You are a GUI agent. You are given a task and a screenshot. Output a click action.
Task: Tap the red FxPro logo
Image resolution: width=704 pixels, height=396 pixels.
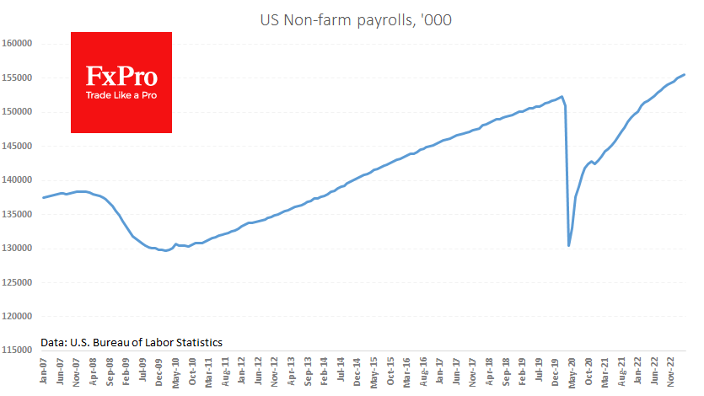pyautogui.click(x=121, y=82)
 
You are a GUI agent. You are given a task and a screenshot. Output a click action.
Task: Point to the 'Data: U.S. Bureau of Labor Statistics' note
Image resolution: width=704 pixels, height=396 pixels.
pyautogui.click(x=131, y=342)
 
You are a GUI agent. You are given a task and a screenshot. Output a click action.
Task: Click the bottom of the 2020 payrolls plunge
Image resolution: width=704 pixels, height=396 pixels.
pyautogui.click(x=569, y=246)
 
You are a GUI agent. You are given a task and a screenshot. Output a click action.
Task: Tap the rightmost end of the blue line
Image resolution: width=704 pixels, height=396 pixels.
pyautogui.click(x=684, y=74)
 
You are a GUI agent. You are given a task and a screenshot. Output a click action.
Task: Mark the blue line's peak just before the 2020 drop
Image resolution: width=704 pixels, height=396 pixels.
pyautogui.click(x=562, y=96)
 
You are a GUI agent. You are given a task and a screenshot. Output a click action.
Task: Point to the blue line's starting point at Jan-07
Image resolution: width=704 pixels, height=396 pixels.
pyautogui.click(x=42, y=197)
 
